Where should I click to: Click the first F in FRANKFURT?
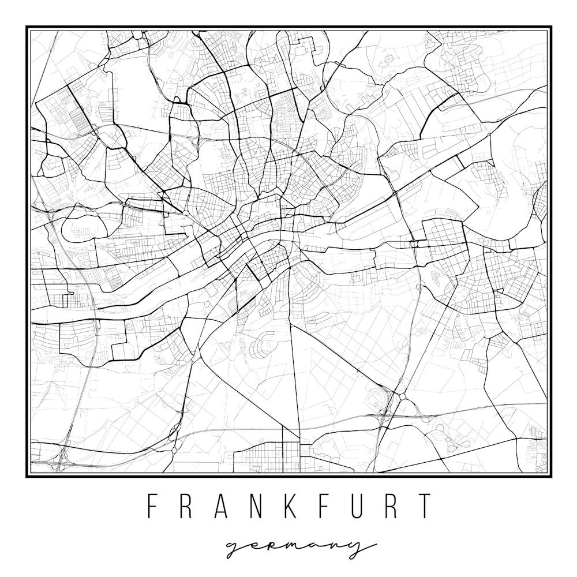153,506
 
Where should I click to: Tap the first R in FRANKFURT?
188,506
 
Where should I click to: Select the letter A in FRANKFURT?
222,506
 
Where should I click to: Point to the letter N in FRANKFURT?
256,506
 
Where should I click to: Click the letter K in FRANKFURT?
291,506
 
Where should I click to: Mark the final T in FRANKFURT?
425,506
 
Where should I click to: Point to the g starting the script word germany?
234,548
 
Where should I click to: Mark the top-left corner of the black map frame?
27,27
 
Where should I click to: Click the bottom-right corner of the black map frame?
551,476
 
